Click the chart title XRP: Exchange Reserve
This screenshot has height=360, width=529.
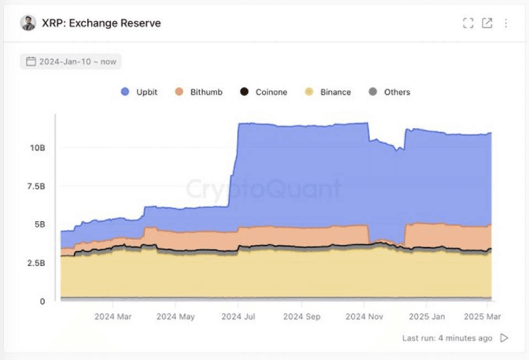(x=101, y=23)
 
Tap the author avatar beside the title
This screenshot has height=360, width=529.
(x=28, y=23)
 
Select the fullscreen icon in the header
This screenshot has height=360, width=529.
(x=468, y=23)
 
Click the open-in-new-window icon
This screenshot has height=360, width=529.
(x=487, y=23)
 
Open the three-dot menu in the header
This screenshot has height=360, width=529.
(x=506, y=23)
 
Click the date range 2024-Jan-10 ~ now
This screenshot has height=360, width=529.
(x=71, y=62)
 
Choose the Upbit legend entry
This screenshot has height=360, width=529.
(x=140, y=92)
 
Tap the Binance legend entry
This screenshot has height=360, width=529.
(x=328, y=92)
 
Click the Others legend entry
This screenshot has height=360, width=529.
(x=389, y=92)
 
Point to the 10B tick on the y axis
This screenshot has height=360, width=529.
(x=38, y=148)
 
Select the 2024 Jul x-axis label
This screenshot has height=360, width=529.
(x=238, y=317)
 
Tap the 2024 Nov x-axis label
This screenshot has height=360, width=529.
(x=364, y=317)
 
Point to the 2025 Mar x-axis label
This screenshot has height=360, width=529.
(x=483, y=317)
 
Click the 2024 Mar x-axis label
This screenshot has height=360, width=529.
(x=113, y=317)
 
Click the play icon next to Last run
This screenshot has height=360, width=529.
(x=504, y=338)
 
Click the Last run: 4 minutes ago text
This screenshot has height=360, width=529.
(x=447, y=338)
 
